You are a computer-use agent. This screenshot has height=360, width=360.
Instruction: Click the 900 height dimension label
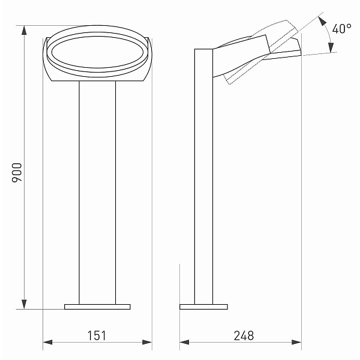point(17,173)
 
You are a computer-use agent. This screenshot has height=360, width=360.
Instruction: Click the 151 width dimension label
point(97,335)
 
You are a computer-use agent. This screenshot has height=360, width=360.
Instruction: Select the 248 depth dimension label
point(244,335)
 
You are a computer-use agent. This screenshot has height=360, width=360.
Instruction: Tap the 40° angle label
point(341,29)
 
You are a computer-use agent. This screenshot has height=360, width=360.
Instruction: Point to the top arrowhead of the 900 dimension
point(24,31)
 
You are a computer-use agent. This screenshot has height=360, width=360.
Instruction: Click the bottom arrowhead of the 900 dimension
point(24,304)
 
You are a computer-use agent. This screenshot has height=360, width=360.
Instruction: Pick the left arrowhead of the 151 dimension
point(48,343)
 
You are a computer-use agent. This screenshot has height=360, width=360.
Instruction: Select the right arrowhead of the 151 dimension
point(147,343)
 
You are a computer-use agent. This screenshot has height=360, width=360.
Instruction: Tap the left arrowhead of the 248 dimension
point(184,343)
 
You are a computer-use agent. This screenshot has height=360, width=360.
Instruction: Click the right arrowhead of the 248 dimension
point(296,343)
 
